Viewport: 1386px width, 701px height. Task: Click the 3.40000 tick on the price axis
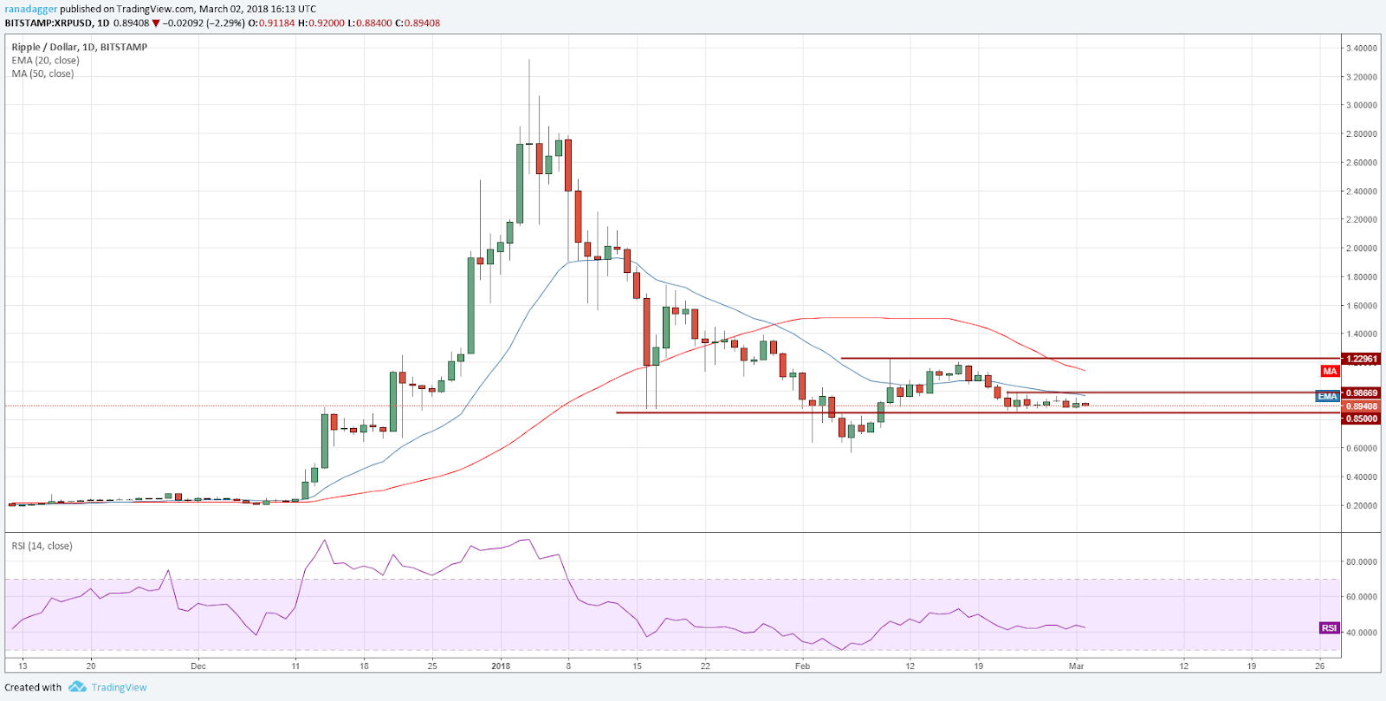pos(1361,49)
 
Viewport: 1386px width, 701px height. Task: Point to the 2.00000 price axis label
pos(1361,249)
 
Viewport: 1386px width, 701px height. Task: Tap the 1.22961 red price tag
pos(1361,359)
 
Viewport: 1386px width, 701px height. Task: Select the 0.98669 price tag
pos(1361,393)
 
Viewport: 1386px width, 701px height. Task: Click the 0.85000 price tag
pos(1361,419)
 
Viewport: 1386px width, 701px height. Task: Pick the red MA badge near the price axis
pos(1330,371)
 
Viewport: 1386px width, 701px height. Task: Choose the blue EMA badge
pos(1327,396)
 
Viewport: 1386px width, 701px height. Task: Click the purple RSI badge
pos(1329,627)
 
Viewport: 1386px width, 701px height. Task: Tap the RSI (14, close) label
pos(42,546)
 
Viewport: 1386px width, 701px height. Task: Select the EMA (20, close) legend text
pos(45,61)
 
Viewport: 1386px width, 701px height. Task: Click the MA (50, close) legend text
pos(42,74)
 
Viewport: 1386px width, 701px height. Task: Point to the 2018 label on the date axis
pos(501,665)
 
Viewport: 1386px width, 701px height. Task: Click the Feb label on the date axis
pos(803,665)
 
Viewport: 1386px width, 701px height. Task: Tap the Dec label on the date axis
pos(198,665)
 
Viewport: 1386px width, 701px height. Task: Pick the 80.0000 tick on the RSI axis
pos(1361,561)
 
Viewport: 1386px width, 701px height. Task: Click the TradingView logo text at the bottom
pos(119,687)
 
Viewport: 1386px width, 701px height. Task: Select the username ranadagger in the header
pos(30,10)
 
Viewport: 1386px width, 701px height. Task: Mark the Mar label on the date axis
pos(1077,665)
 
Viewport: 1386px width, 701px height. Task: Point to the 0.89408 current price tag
pos(1361,406)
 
